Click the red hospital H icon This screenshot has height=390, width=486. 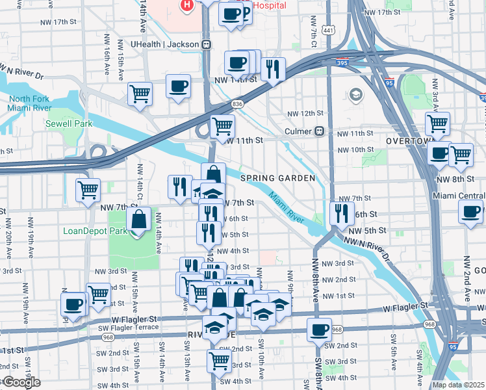tap(187, 6)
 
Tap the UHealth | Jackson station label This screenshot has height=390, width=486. tap(165, 44)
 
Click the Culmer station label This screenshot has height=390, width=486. tap(300, 131)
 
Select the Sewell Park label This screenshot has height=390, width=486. tap(64, 123)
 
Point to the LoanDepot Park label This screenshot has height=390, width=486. tap(96, 231)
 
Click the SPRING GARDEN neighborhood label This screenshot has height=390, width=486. tap(277, 178)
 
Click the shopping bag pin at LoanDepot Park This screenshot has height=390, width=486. tap(139, 219)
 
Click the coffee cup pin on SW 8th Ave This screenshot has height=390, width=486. tap(319, 330)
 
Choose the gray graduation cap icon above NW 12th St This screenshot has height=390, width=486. tap(355, 96)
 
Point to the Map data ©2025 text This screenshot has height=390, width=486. tap(458, 385)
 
